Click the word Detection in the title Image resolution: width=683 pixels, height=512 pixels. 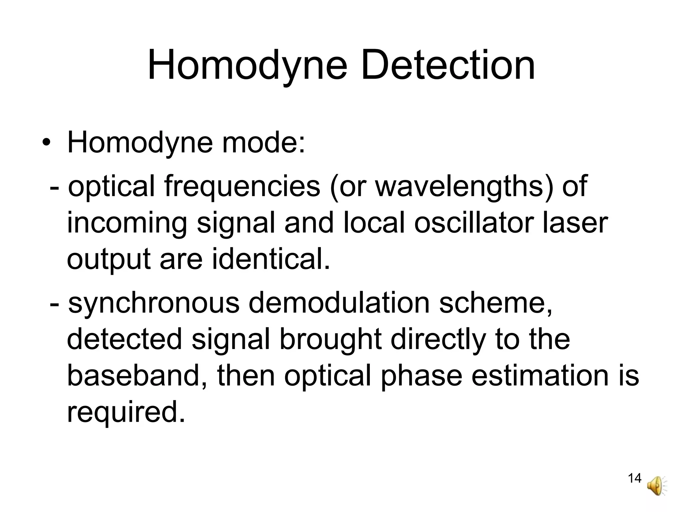click(x=448, y=65)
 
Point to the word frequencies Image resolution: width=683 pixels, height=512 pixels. click(x=242, y=187)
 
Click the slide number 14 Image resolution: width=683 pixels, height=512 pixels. click(x=634, y=478)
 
